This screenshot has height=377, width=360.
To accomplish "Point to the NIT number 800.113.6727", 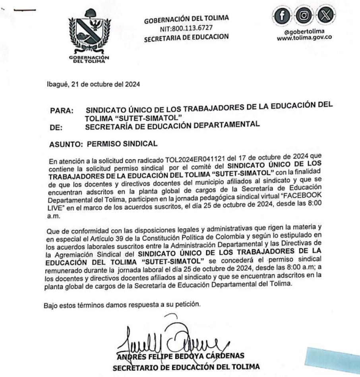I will point(186,28).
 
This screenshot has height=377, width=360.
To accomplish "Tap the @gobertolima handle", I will point(305,31).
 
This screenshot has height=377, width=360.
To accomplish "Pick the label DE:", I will point(57,128).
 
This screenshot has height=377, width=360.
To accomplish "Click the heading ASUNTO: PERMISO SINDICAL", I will point(104,144).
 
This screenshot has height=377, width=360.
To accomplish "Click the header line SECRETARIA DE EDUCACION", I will point(186,37).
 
